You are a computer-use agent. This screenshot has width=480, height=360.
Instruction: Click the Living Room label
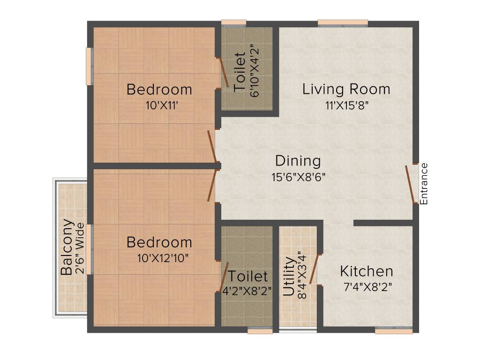tap(346, 89)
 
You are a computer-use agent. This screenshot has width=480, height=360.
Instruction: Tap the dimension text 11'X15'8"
tap(347, 105)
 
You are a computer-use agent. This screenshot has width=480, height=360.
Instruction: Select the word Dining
tap(298, 161)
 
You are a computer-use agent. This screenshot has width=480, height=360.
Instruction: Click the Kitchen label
tap(366, 271)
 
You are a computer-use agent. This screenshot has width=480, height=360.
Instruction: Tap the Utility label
tap(290, 276)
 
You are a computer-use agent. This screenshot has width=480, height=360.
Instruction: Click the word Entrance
tap(424, 183)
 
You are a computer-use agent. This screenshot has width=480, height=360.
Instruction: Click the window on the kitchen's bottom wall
tap(394, 331)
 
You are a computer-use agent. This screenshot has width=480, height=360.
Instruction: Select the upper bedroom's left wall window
tap(89, 66)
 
